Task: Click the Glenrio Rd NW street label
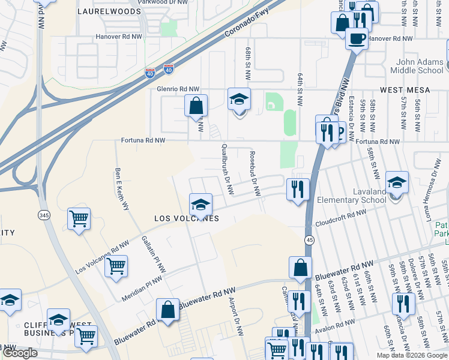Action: [177, 89]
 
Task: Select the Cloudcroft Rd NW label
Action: [340, 218]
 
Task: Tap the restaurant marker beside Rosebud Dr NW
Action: [298, 190]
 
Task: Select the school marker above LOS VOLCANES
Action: [201, 205]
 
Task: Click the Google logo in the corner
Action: [20, 353]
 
